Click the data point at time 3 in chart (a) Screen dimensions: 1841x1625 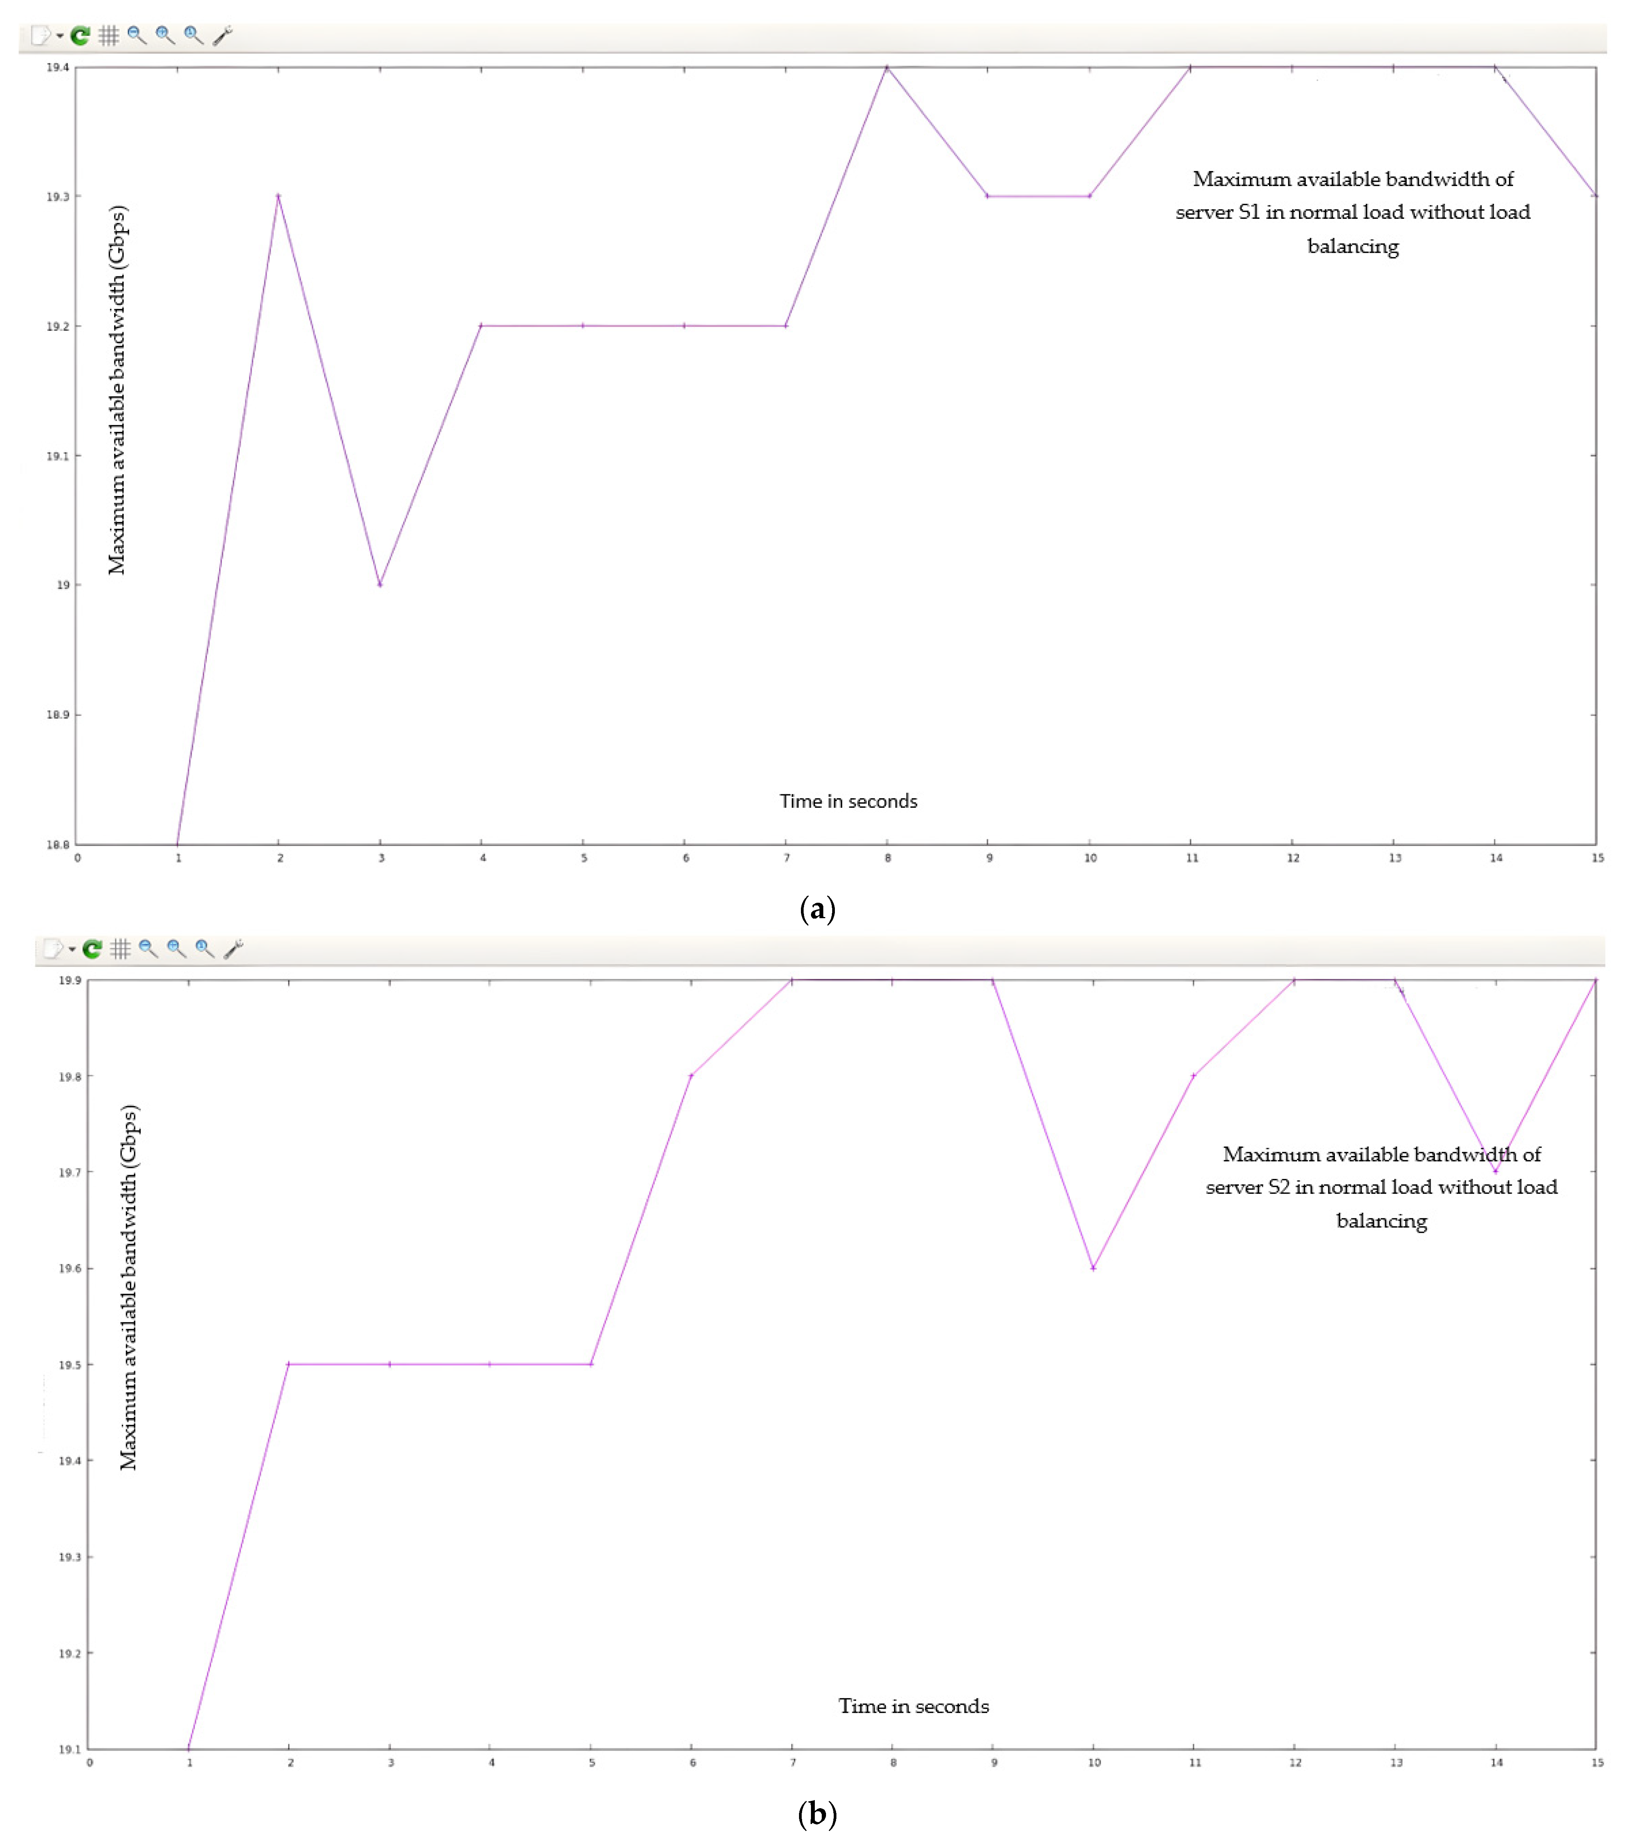(x=380, y=585)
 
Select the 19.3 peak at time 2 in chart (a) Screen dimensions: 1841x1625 (x=278, y=196)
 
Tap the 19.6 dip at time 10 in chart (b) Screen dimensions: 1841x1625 (x=1093, y=1268)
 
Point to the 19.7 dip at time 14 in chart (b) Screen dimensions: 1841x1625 (x=1495, y=1172)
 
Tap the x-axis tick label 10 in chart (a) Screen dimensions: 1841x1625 (x=1090, y=858)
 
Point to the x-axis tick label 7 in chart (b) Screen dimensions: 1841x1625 (x=793, y=1763)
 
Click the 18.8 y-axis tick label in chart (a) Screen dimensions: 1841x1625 (x=57, y=845)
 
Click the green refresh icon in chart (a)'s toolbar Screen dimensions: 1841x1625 (x=80, y=36)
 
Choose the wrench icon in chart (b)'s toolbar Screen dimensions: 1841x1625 (x=233, y=949)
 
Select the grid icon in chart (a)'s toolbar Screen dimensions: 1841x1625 (x=109, y=36)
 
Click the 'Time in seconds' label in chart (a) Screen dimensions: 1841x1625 (x=848, y=802)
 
